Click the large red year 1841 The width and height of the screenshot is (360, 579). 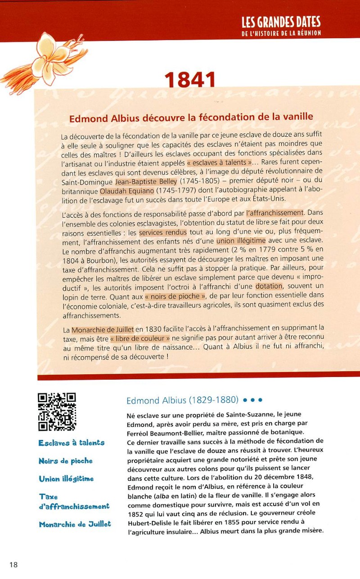(x=190, y=80)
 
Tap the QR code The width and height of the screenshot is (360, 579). (x=57, y=412)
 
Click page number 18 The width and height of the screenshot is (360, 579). (x=13, y=565)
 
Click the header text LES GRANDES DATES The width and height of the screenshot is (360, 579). (x=281, y=22)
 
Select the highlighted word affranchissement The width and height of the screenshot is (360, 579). (x=275, y=213)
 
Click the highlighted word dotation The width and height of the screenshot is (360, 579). (x=269, y=286)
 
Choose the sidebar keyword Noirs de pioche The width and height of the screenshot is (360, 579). (x=65, y=461)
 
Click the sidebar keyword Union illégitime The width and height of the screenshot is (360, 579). (x=66, y=479)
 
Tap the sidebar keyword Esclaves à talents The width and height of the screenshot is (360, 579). (x=71, y=443)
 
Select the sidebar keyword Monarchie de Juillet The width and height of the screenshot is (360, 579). (x=75, y=524)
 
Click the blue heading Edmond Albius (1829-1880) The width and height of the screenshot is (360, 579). (x=182, y=400)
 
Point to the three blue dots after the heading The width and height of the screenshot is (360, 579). (x=252, y=399)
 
